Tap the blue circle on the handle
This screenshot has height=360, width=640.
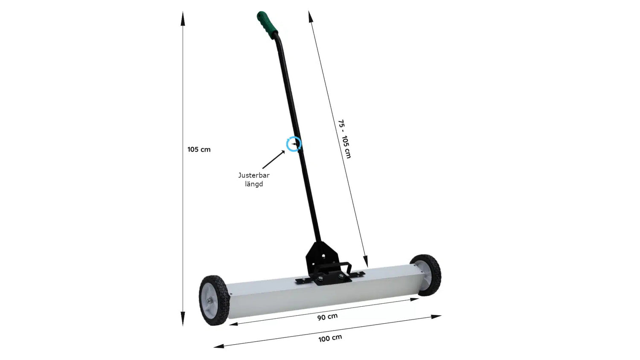tap(294, 144)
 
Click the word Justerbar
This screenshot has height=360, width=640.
tap(253, 175)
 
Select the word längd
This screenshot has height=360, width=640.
tap(253, 184)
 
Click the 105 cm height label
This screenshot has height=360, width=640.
tap(199, 150)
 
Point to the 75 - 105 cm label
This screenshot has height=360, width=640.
tap(344, 139)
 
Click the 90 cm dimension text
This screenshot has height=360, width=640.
tap(327, 317)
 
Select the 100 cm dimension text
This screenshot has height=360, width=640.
tap(330, 338)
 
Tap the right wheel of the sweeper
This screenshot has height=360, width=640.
tap(427, 274)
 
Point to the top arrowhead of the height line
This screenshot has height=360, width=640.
tap(183, 18)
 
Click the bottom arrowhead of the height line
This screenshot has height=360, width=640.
tap(183, 320)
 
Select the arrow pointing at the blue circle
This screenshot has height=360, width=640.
tap(273, 160)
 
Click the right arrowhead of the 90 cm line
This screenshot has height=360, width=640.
tap(414, 299)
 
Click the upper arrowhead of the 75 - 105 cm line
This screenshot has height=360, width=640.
tap(311, 17)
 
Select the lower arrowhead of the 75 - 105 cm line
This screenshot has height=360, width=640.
tap(365, 261)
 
